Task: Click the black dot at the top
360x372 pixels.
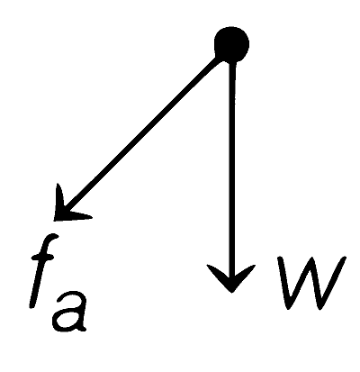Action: click(231, 44)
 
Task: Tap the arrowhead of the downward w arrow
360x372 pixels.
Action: click(231, 277)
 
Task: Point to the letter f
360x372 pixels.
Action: click(42, 270)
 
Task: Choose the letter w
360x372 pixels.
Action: click(312, 282)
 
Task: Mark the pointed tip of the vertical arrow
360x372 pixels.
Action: click(231, 292)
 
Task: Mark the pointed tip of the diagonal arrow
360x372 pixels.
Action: click(54, 221)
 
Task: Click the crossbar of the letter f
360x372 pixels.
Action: click(42, 258)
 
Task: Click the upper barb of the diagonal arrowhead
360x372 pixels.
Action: click(59, 198)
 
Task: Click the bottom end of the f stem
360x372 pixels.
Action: click(32, 305)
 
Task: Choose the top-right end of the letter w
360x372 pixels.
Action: click(344, 259)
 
